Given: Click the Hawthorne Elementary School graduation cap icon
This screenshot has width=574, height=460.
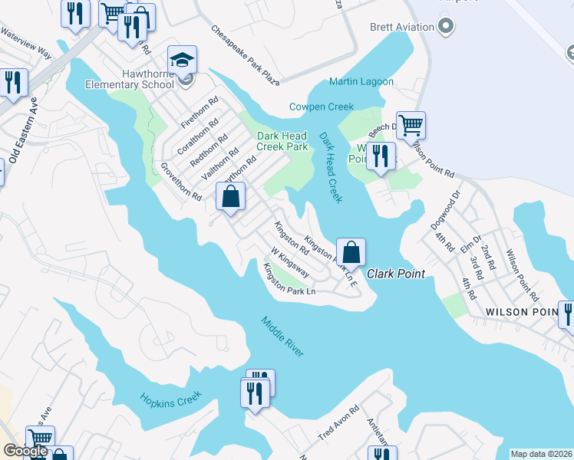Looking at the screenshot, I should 183,60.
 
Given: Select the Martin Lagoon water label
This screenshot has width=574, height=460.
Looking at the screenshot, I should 361,82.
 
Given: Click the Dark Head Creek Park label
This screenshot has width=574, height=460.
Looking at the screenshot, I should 282,141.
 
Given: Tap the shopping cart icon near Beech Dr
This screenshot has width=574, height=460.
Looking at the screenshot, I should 411,124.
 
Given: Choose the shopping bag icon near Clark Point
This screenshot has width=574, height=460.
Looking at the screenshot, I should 351,251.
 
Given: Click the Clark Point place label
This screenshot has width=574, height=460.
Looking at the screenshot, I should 395,274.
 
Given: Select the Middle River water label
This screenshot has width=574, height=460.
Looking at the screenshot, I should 282,336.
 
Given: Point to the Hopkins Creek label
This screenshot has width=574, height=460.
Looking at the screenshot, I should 170,398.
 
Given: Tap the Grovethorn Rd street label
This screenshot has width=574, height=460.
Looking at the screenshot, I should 181,182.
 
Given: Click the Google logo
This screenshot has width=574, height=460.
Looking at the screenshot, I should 25,452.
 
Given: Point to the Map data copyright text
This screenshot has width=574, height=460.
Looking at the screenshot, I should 542,454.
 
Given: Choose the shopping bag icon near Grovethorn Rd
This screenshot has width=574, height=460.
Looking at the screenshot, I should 230,197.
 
